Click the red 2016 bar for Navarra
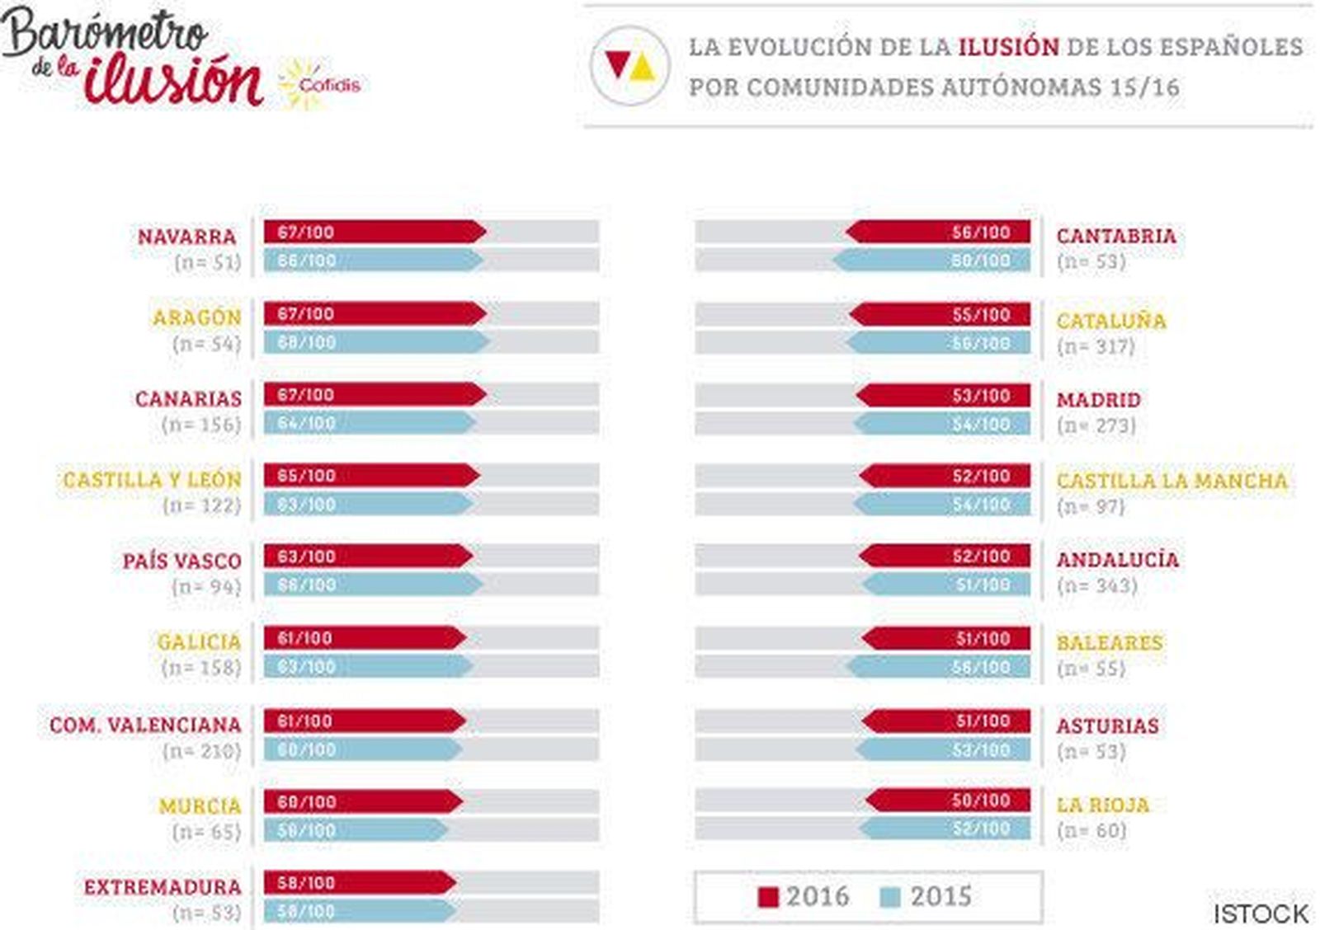[x=374, y=232]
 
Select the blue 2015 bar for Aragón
[x=375, y=342]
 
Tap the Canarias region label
[x=188, y=399]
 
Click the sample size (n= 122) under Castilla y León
[x=201, y=505]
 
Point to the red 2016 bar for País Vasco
[x=367, y=557]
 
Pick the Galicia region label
[x=199, y=641]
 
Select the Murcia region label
[x=200, y=806]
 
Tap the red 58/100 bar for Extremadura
[x=359, y=883]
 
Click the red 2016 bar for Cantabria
[x=939, y=232]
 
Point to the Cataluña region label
[x=1111, y=321]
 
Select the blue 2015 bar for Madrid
[x=942, y=424]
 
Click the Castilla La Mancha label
[x=1171, y=481]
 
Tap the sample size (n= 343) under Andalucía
[x=1096, y=585]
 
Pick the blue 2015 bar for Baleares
[x=939, y=667]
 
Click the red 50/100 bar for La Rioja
[x=949, y=801]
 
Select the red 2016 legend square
[x=767, y=897]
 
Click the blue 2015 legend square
[x=890, y=897]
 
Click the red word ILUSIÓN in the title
[x=1007, y=47]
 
